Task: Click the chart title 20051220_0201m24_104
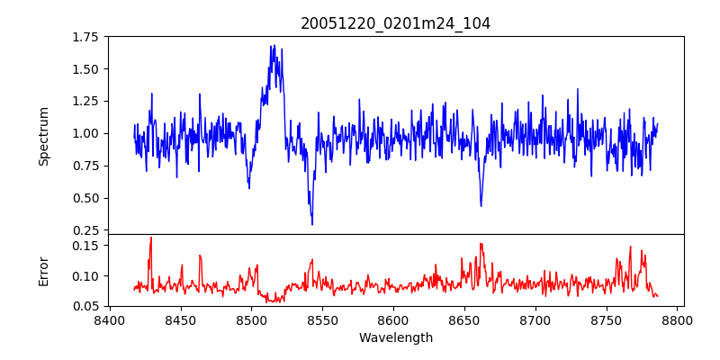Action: coord(395,23)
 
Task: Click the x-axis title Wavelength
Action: coord(395,338)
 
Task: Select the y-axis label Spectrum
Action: coord(44,136)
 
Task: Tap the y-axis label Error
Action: coord(44,270)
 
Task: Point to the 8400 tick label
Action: coord(110,319)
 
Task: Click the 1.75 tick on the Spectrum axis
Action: coord(85,37)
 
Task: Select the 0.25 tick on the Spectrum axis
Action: coord(85,230)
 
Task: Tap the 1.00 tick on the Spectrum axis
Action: coord(85,133)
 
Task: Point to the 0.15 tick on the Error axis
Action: coord(85,245)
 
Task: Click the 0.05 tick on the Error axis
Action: coord(85,306)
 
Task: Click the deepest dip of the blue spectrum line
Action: coord(311,224)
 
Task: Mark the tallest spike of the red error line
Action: coord(151,238)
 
